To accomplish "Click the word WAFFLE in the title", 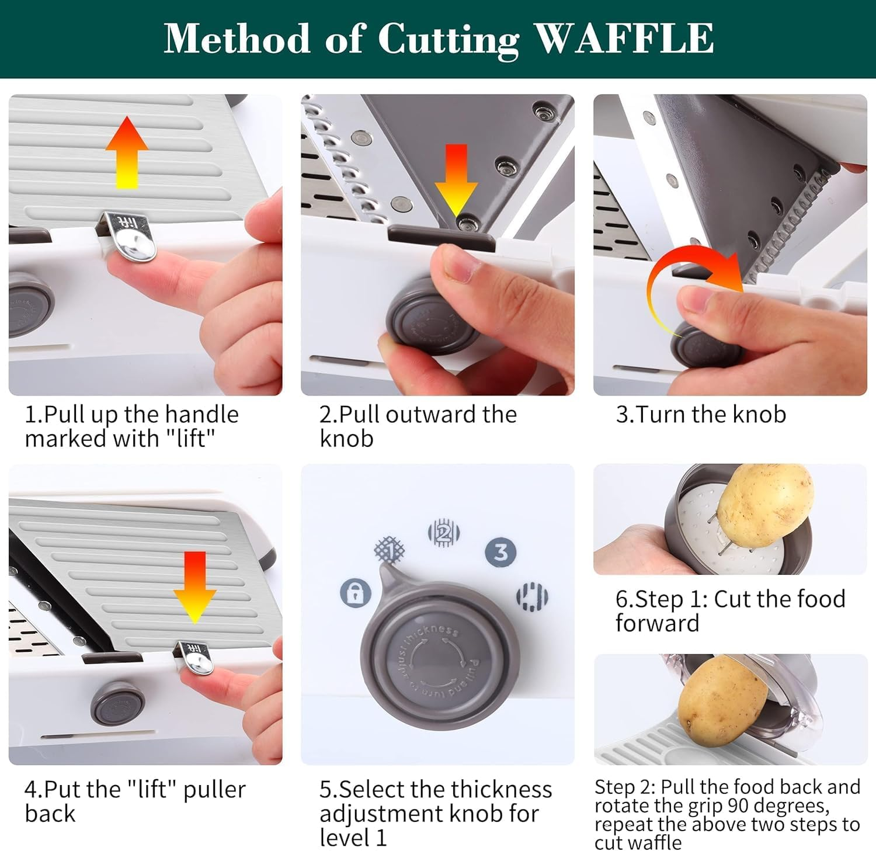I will click(624, 39).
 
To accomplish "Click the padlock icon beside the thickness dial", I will click(356, 593).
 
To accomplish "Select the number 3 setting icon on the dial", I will click(501, 552).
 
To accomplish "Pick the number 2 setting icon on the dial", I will click(444, 533).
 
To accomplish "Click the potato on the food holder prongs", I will click(764, 505).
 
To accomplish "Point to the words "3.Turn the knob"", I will click(701, 415).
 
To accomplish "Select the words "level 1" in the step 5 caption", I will click(353, 838).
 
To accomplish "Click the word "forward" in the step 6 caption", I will click(657, 623).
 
